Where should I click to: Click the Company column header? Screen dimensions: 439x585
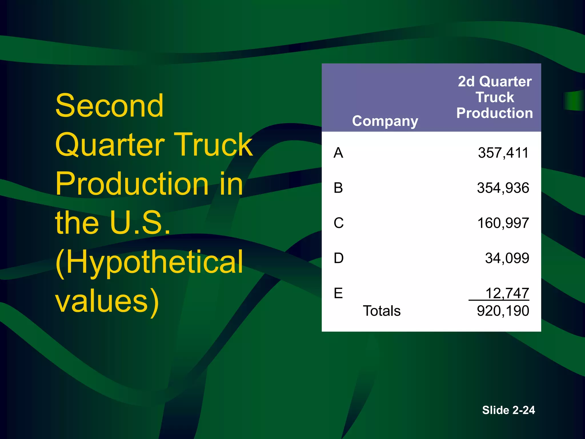385,121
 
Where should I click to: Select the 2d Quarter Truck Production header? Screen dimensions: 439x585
494,97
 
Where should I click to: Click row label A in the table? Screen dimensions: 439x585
338,153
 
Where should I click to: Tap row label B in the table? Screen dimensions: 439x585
338,188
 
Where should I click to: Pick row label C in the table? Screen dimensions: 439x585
339,223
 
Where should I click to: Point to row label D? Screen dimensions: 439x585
339,258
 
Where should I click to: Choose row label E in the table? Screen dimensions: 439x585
338,293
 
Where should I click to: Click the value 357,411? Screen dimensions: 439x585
503,153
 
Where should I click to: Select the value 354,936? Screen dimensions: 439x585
503,188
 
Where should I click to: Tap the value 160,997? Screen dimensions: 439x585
503,223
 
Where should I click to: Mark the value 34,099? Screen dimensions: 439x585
507,258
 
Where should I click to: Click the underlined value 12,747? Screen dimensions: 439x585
507,293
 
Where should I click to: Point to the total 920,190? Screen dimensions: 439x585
503,311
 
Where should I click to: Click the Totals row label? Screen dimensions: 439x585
382,311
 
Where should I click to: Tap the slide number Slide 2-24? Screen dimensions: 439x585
508,410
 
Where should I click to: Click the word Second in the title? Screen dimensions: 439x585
110,106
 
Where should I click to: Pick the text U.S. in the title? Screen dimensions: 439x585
140,223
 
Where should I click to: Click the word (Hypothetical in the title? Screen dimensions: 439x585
149,262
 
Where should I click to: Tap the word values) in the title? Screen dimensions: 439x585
107,301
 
